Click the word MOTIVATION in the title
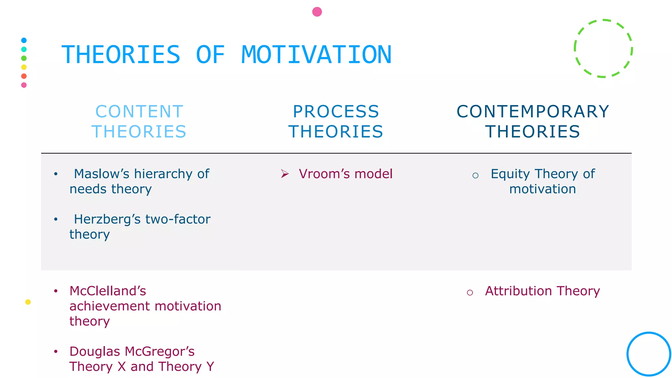[316, 55]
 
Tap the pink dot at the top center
[317, 12]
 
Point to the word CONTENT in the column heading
[139, 112]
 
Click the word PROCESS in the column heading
[336, 112]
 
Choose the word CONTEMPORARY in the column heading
[533, 112]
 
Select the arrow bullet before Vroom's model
[285, 174]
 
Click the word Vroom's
[321, 174]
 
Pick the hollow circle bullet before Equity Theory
[475, 176]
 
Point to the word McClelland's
[108, 291]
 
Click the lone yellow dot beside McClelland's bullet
[28, 302]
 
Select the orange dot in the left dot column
[24, 76]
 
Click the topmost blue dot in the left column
[24, 40]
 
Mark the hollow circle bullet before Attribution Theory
[470, 293]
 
